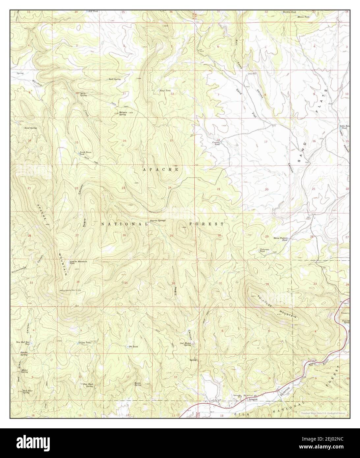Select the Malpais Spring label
pyautogui.click(x=123, y=113)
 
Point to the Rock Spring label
pyautogui.click(x=115, y=79)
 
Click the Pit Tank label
pyautogui.click(x=133, y=347)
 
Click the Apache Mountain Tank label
pyautogui.click(x=78, y=262)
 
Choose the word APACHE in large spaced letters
pyautogui.click(x=161, y=169)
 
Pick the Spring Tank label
pyautogui.click(x=84, y=343)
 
